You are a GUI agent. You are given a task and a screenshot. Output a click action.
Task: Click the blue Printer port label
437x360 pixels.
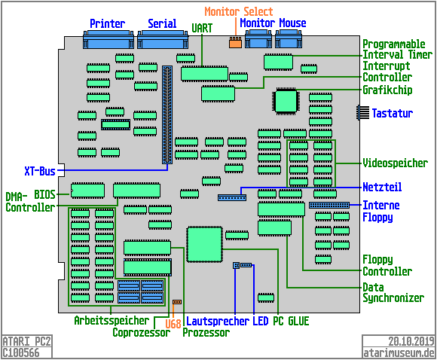tap(108, 24)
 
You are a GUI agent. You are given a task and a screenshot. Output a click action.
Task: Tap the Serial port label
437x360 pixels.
tap(162, 24)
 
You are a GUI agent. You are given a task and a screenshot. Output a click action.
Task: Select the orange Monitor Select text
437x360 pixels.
tap(239, 12)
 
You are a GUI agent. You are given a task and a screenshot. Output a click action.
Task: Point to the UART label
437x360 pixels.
tap(202, 28)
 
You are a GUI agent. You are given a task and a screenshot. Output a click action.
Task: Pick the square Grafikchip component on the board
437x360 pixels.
tap(286, 101)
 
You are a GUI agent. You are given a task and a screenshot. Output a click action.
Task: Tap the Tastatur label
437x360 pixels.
tap(393, 114)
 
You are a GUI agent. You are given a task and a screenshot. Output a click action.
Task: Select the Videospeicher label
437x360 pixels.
tap(396, 163)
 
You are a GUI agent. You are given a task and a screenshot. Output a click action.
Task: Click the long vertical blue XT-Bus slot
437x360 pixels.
tap(167, 114)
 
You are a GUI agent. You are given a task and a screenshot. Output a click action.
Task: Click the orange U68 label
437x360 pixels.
tap(173, 324)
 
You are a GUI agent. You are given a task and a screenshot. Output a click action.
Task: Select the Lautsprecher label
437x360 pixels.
tap(218, 321)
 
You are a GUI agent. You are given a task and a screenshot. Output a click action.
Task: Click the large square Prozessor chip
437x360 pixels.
tap(203, 244)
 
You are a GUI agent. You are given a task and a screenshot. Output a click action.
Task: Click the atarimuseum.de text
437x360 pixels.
tap(399, 352)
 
